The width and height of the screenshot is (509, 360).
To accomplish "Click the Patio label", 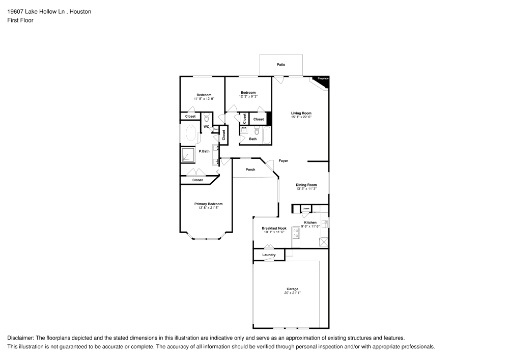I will tap(281, 65).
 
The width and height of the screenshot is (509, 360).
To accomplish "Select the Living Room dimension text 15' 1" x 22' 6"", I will tap(301, 117).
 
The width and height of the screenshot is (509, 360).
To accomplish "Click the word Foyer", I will tap(284, 161).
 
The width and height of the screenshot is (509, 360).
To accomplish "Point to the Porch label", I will tap(250, 170).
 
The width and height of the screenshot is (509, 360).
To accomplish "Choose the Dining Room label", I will tap(306, 185).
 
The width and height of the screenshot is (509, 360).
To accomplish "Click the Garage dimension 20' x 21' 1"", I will tap(292, 293).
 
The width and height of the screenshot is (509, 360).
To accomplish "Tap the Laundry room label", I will tap(269, 255).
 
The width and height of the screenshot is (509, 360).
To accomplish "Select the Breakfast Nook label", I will tap(274, 229).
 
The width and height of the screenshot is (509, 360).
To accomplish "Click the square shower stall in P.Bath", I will tap(188, 155).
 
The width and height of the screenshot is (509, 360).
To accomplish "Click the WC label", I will tap(207, 126).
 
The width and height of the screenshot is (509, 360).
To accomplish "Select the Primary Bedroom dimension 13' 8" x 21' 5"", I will tap(209, 208).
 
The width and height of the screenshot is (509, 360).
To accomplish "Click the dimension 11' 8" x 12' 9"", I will tap(204, 99).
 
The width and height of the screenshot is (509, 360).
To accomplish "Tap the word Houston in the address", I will tap(81, 11).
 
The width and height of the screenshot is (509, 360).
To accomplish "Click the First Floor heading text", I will tap(20, 20).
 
